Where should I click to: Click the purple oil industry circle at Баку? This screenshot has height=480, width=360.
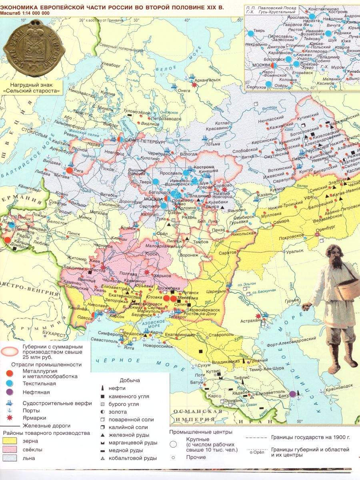tap(293, 394)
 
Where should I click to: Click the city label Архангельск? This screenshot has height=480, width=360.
tap(208, 80)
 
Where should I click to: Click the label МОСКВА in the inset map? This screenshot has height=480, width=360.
tap(261, 65)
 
